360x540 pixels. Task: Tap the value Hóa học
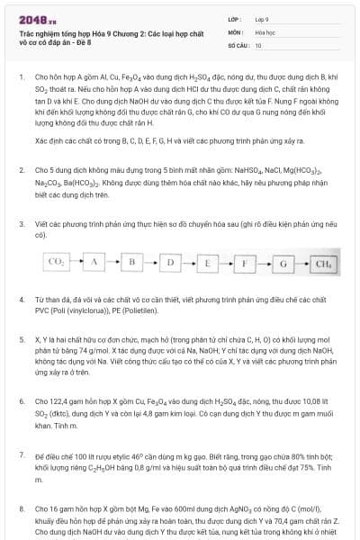(x=265, y=31)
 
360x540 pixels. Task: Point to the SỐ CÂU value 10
(x=258, y=44)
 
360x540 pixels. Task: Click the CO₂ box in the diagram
(x=56, y=263)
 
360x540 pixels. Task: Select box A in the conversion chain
(x=94, y=263)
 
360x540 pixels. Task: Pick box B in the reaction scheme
(x=131, y=263)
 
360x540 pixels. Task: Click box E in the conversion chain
(x=207, y=263)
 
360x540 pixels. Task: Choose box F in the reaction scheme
(x=245, y=263)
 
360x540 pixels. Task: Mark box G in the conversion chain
(x=283, y=263)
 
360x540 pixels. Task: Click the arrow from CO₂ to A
(x=75, y=263)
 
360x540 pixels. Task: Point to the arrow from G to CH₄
(x=301, y=263)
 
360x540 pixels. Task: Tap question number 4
(x=21, y=297)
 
